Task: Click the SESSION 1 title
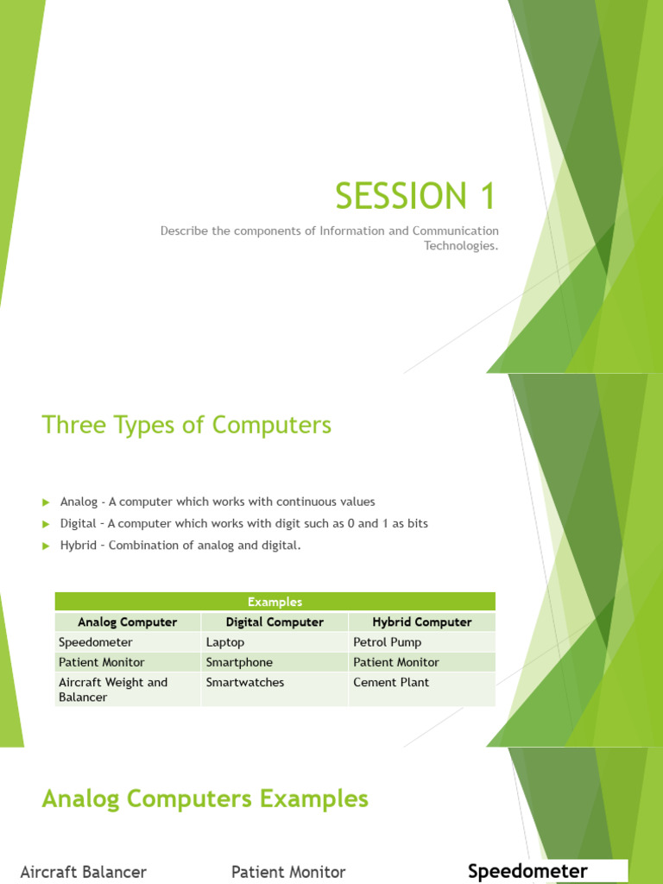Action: click(416, 197)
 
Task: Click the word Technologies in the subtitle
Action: click(461, 245)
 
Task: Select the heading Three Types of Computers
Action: click(186, 426)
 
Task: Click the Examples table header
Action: click(275, 602)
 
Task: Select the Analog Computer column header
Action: click(127, 622)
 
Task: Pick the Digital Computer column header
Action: click(275, 622)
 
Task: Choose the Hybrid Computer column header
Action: click(422, 622)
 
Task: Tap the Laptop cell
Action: click(225, 642)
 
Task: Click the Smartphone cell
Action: click(239, 662)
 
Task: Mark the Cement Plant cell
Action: click(391, 682)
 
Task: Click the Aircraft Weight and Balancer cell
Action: click(113, 690)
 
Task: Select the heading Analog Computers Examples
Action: click(205, 799)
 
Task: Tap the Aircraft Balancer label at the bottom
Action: click(83, 872)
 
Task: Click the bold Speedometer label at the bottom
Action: click(527, 871)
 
